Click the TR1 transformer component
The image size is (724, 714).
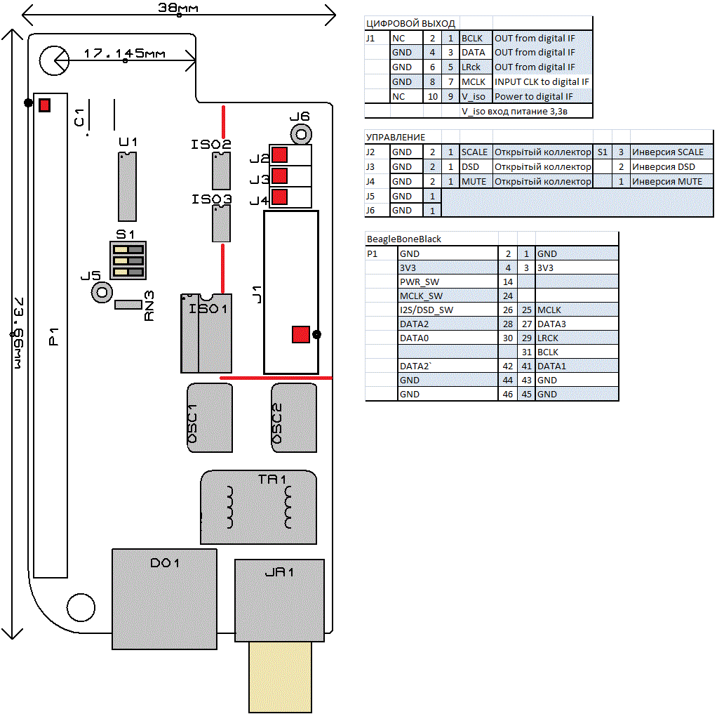click(259, 508)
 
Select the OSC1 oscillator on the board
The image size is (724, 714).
click(210, 418)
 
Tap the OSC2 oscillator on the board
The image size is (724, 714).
click(294, 418)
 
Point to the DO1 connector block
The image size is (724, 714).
click(164, 599)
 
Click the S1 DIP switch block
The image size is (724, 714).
click(128, 260)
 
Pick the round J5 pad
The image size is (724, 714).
click(102, 292)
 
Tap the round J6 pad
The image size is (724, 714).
click(301, 135)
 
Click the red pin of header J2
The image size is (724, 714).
click(279, 155)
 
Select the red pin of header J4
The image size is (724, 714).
click(279, 197)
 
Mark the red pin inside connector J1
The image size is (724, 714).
click(300, 335)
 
